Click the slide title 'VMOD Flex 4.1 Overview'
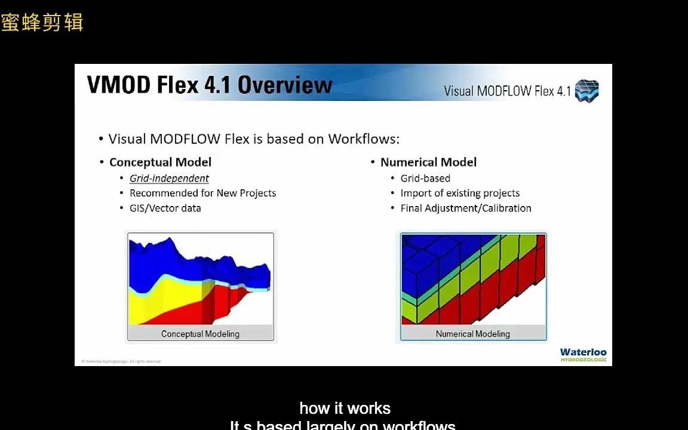click(209, 85)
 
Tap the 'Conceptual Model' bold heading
click(160, 162)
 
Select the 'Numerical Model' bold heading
click(428, 162)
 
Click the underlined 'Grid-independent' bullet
click(169, 179)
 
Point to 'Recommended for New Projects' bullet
click(202, 193)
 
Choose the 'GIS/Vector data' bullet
click(165, 208)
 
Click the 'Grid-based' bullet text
click(425, 179)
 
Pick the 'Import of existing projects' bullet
click(460, 193)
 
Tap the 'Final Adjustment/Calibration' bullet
click(466, 208)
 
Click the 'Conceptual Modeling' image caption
click(200, 334)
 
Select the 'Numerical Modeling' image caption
click(472, 334)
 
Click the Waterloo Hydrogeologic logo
click(583, 355)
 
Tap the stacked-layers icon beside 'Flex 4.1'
click(586, 91)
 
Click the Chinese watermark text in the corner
click(42, 23)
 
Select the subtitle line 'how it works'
click(345, 408)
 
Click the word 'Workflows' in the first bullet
click(364, 139)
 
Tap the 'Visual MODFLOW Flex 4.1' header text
click(507, 91)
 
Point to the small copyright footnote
click(121, 361)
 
